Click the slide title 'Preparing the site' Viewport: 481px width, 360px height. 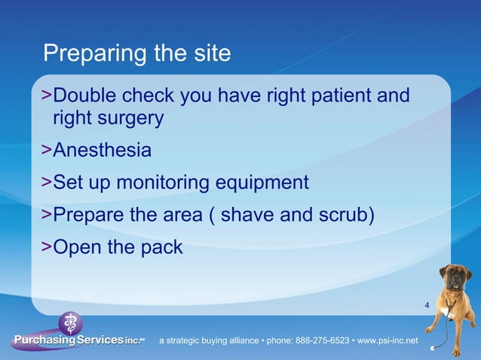[136, 54]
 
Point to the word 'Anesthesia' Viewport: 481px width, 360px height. [102, 151]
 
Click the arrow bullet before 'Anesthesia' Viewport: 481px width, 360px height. [47, 151]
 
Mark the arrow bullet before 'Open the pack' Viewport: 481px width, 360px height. [47, 247]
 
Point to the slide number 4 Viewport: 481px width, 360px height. [427, 305]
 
